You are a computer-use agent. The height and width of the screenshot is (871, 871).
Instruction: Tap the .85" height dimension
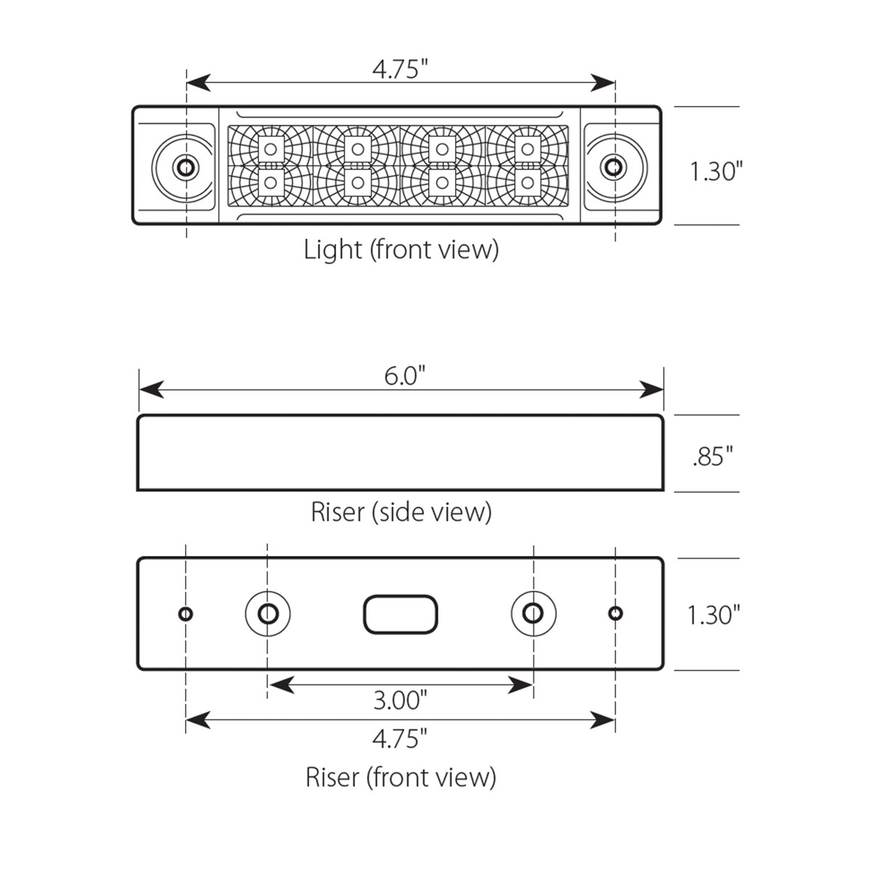[x=713, y=457]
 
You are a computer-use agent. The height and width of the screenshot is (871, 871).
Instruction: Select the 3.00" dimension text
[x=400, y=700]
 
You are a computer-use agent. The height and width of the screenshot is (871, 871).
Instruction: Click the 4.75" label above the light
[x=399, y=70]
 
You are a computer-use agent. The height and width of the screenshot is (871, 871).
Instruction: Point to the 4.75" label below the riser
[x=399, y=740]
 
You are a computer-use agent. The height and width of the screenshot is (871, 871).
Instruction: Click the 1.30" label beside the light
[x=716, y=172]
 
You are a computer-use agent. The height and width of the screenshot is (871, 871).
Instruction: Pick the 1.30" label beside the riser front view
[x=713, y=616]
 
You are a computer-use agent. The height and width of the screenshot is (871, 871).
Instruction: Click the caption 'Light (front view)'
[x=401, y=250]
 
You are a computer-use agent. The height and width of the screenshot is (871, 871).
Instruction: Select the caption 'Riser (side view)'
[x=401, y=512]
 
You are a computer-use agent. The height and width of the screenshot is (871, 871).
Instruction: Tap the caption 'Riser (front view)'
[x=401, y=777]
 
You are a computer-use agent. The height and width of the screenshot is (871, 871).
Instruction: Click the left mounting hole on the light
[x=186, y=167]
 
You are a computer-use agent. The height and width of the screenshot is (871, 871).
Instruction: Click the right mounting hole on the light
[x=614, y=167]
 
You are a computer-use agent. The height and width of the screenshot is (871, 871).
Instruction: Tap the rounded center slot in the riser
[x=400, y=615]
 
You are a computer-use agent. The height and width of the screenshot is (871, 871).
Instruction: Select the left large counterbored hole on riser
[x=268, y=613]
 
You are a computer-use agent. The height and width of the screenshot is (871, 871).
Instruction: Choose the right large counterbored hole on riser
[x=533, y=613]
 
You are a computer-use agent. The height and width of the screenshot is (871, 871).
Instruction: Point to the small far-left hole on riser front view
[x=186, y=614]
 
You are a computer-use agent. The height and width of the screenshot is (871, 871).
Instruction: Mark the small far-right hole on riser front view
[x=615, y=614]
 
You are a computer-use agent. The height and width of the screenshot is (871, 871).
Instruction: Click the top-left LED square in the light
[x=271, y=150]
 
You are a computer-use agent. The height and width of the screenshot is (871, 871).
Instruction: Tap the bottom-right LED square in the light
[x=528, y=182]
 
